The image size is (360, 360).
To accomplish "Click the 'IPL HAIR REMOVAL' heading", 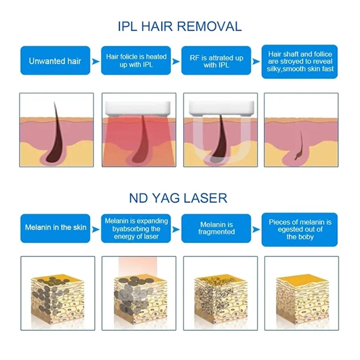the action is [x=180, y=26].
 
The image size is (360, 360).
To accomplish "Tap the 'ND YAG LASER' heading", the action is [x=178, y=198].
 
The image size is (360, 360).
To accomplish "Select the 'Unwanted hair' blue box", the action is [x=55, y=60].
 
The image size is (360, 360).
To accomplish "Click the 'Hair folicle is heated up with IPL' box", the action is [x=136, y=60].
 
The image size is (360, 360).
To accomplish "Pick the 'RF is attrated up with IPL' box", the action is [x=216, y=60].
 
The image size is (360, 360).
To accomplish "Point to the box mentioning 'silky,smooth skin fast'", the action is [x=300, y=62].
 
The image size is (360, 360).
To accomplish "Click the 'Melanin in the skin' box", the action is [x=55, y=228].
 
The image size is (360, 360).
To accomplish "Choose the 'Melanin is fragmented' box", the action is [x=216, y=228].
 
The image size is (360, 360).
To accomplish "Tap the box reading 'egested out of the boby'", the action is [x=300, y=229].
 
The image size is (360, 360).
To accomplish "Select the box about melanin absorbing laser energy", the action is [x=136, y=228].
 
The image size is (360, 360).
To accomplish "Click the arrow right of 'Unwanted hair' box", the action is [x=95, y=62].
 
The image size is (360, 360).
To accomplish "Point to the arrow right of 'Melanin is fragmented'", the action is [x=256, y=229].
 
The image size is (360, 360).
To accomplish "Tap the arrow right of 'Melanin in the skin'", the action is [x=95, y=229].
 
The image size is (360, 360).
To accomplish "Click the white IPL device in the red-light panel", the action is [x=138, y=108].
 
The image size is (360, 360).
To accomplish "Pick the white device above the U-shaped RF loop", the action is [x=221, y=108].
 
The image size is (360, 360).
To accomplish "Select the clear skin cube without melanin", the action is [x=302, y=298].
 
